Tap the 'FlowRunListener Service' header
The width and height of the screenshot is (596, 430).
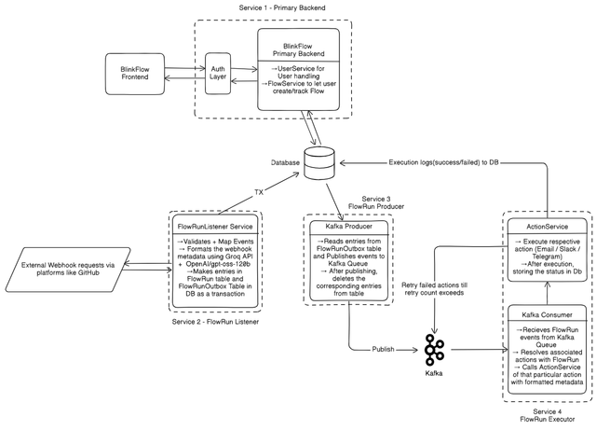[215, 227]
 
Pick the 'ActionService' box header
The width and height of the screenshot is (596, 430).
[547, 227]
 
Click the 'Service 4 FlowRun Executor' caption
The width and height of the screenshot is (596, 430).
[547, 415]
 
